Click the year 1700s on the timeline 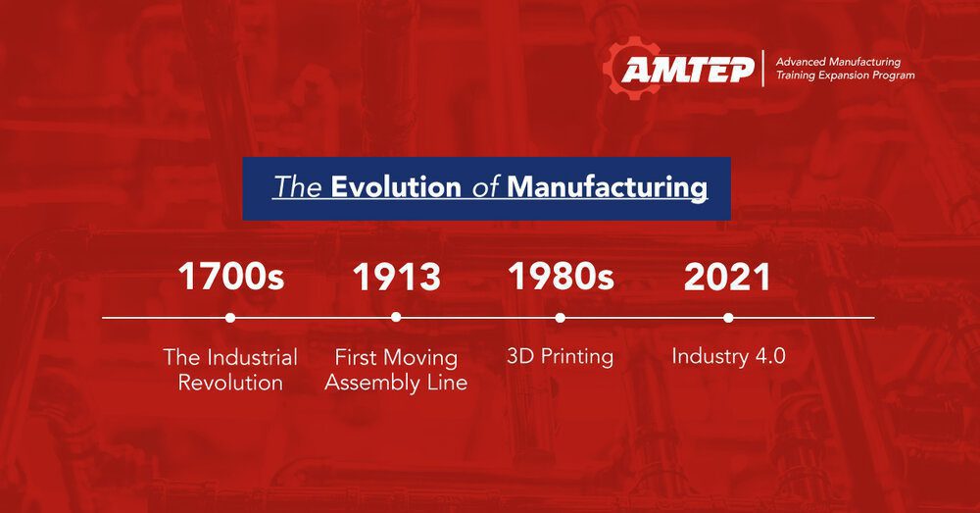pos(231,277)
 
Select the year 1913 pos(396,277)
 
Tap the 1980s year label pos(561,276)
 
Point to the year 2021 pos(727,277)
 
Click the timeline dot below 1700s pos(230,318)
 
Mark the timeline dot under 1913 pos(396,318)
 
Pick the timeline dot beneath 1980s pos(560,318)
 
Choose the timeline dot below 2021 pos(728,318)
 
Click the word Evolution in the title pos(396,187)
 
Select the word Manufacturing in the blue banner pos(608,188)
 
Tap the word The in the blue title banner pos(298,187)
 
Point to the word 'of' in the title pos(484,187)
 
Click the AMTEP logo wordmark pos(688,70)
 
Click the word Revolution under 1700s pos(230,383)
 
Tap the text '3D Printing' pos(560,357)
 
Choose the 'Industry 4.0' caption pos(728,356)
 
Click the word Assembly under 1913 pos(372,383)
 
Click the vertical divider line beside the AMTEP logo pos(763,69)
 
